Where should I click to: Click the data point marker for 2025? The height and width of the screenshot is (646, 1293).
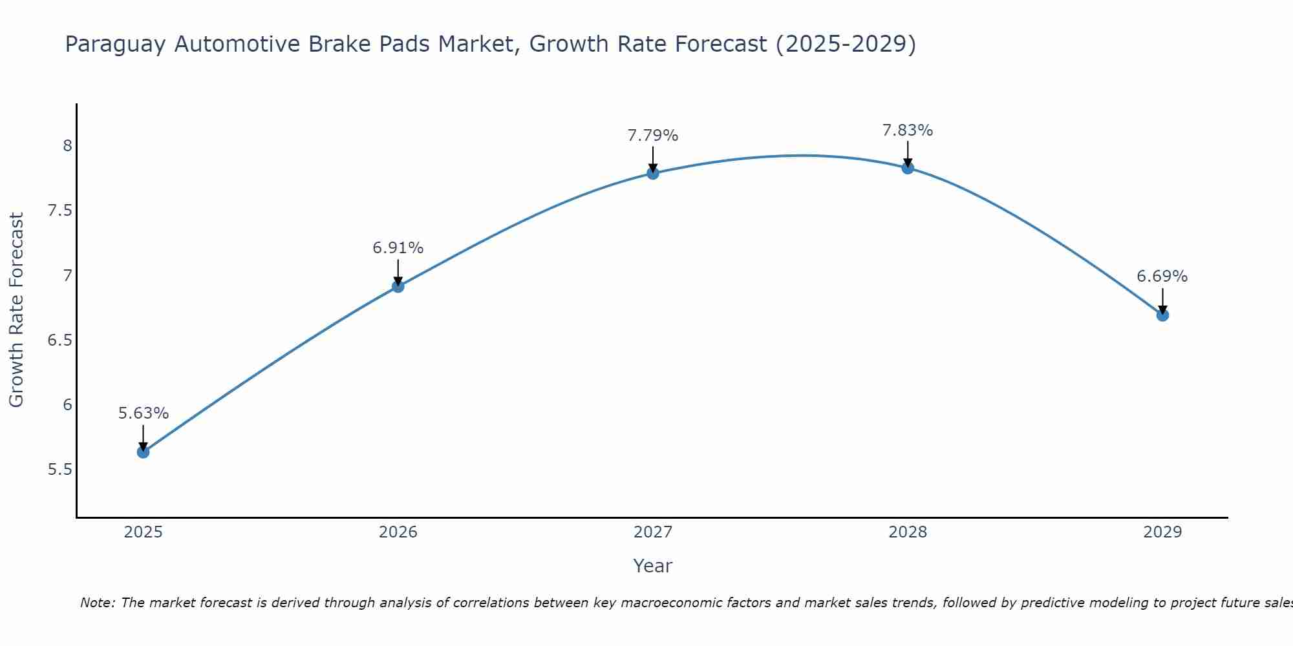tap(144, 452)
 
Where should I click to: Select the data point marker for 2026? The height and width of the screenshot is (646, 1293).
tap(398, 286)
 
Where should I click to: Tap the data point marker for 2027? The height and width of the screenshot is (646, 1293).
tap(653, 173)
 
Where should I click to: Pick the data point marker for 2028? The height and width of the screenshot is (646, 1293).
tap(908, 168)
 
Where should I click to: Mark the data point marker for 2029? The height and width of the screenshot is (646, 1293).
tap(1162, 315)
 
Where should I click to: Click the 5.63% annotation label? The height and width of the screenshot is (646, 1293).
tap(144, 413)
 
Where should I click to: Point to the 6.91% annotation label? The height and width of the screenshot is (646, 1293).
tap(398, 248)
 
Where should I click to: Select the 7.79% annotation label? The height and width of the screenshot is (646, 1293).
tap(653, 136)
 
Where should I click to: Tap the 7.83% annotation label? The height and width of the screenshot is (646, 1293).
tap(908, 130)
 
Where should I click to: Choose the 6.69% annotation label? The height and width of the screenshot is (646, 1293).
tap(1162, 276)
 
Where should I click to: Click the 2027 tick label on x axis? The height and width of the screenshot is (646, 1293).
tap(653, 532)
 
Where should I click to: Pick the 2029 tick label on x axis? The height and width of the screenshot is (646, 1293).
tap(1162, 532)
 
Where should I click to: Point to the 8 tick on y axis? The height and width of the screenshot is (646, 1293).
tap(67, 146)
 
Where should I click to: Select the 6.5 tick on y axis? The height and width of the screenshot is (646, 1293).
tap(60, 340)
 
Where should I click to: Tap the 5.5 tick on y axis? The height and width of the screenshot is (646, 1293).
tap(60, 470)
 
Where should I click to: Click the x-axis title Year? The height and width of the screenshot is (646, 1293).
tap(653, 566)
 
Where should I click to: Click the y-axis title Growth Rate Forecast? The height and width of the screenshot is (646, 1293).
tap(16, 310)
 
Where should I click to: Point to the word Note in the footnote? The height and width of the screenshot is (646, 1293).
tap(97, 603)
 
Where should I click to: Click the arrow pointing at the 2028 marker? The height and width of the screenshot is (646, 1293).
tap(908, 154)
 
